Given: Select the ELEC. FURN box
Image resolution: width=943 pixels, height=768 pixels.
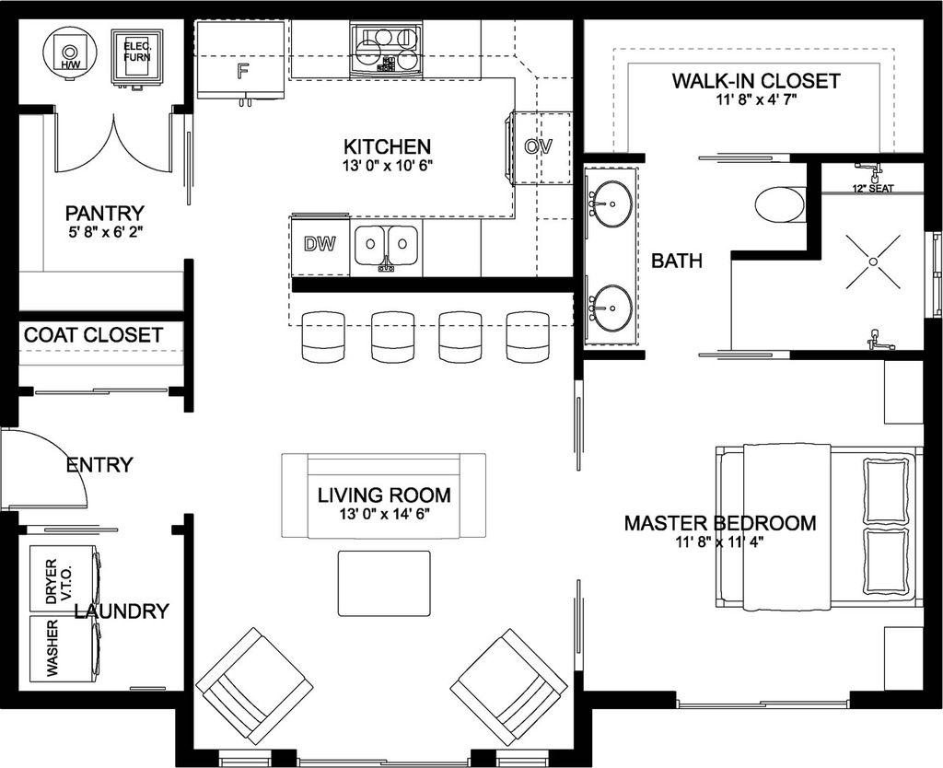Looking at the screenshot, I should tap(136, 59).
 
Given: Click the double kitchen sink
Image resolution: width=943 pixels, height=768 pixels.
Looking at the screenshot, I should tap(387, 245).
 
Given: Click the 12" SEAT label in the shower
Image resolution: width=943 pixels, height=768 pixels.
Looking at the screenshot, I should tap(871, 189).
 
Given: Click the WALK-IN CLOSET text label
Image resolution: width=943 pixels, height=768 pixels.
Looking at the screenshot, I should tap(755, 81).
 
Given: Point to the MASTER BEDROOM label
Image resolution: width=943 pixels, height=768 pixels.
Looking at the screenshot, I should tap(720, 523).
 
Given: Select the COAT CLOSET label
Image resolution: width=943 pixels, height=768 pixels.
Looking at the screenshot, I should tap(93, 335).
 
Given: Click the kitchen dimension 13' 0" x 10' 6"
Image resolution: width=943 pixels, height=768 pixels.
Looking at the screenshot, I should tap(387, 167).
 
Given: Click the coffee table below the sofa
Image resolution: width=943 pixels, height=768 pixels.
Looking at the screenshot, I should tap(384, 583).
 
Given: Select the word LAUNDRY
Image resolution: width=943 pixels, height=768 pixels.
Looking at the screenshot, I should tap(122, 611).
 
